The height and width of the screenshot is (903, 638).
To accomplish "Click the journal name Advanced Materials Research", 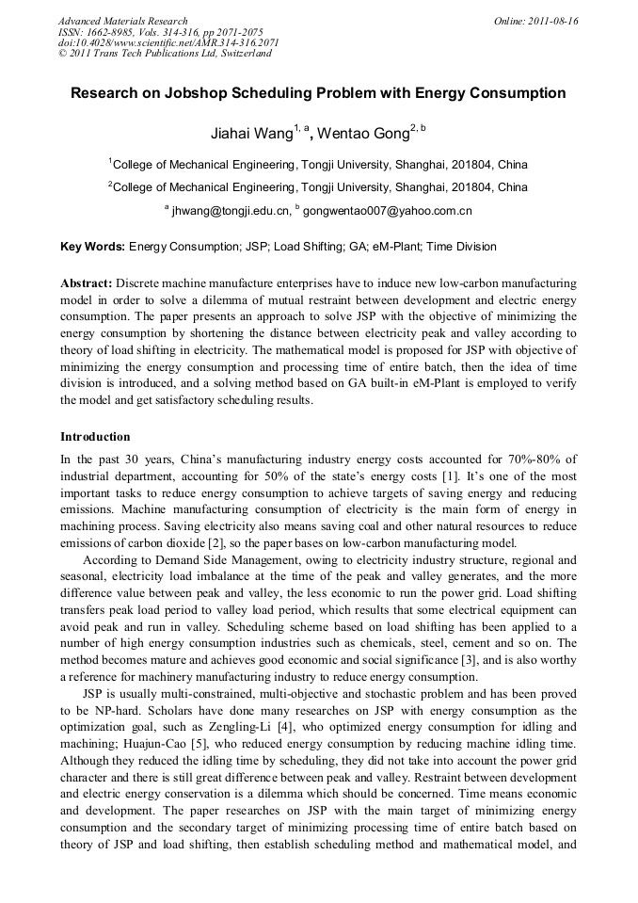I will point(123,21).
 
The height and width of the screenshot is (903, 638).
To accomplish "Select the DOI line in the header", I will point(168,42).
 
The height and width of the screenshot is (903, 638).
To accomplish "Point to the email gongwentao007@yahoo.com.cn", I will point(387,211).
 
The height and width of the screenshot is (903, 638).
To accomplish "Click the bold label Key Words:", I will point(92,247).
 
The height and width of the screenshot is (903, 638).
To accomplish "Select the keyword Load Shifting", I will point(297,247).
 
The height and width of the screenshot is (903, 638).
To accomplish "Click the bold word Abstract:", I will point(87,282).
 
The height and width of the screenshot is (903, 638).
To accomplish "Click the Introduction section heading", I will point(95,437).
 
